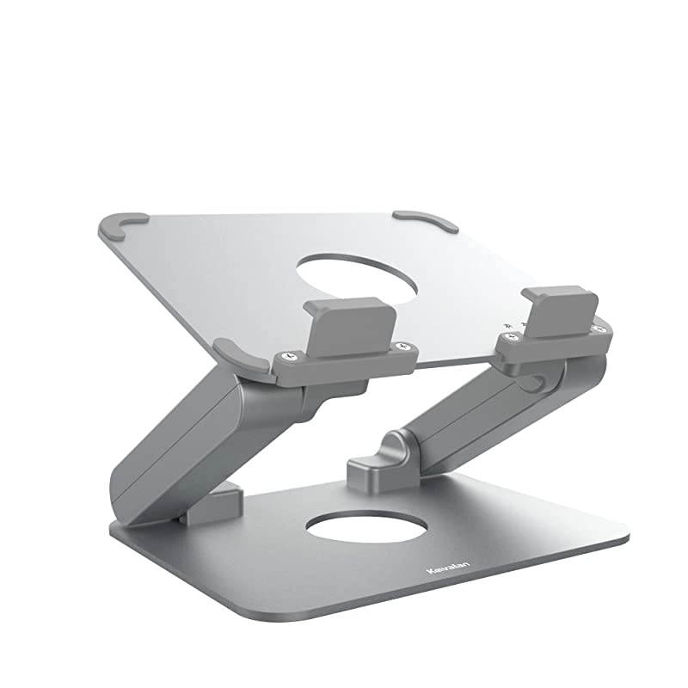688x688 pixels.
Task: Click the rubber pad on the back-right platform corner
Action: [x=427, y=220]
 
